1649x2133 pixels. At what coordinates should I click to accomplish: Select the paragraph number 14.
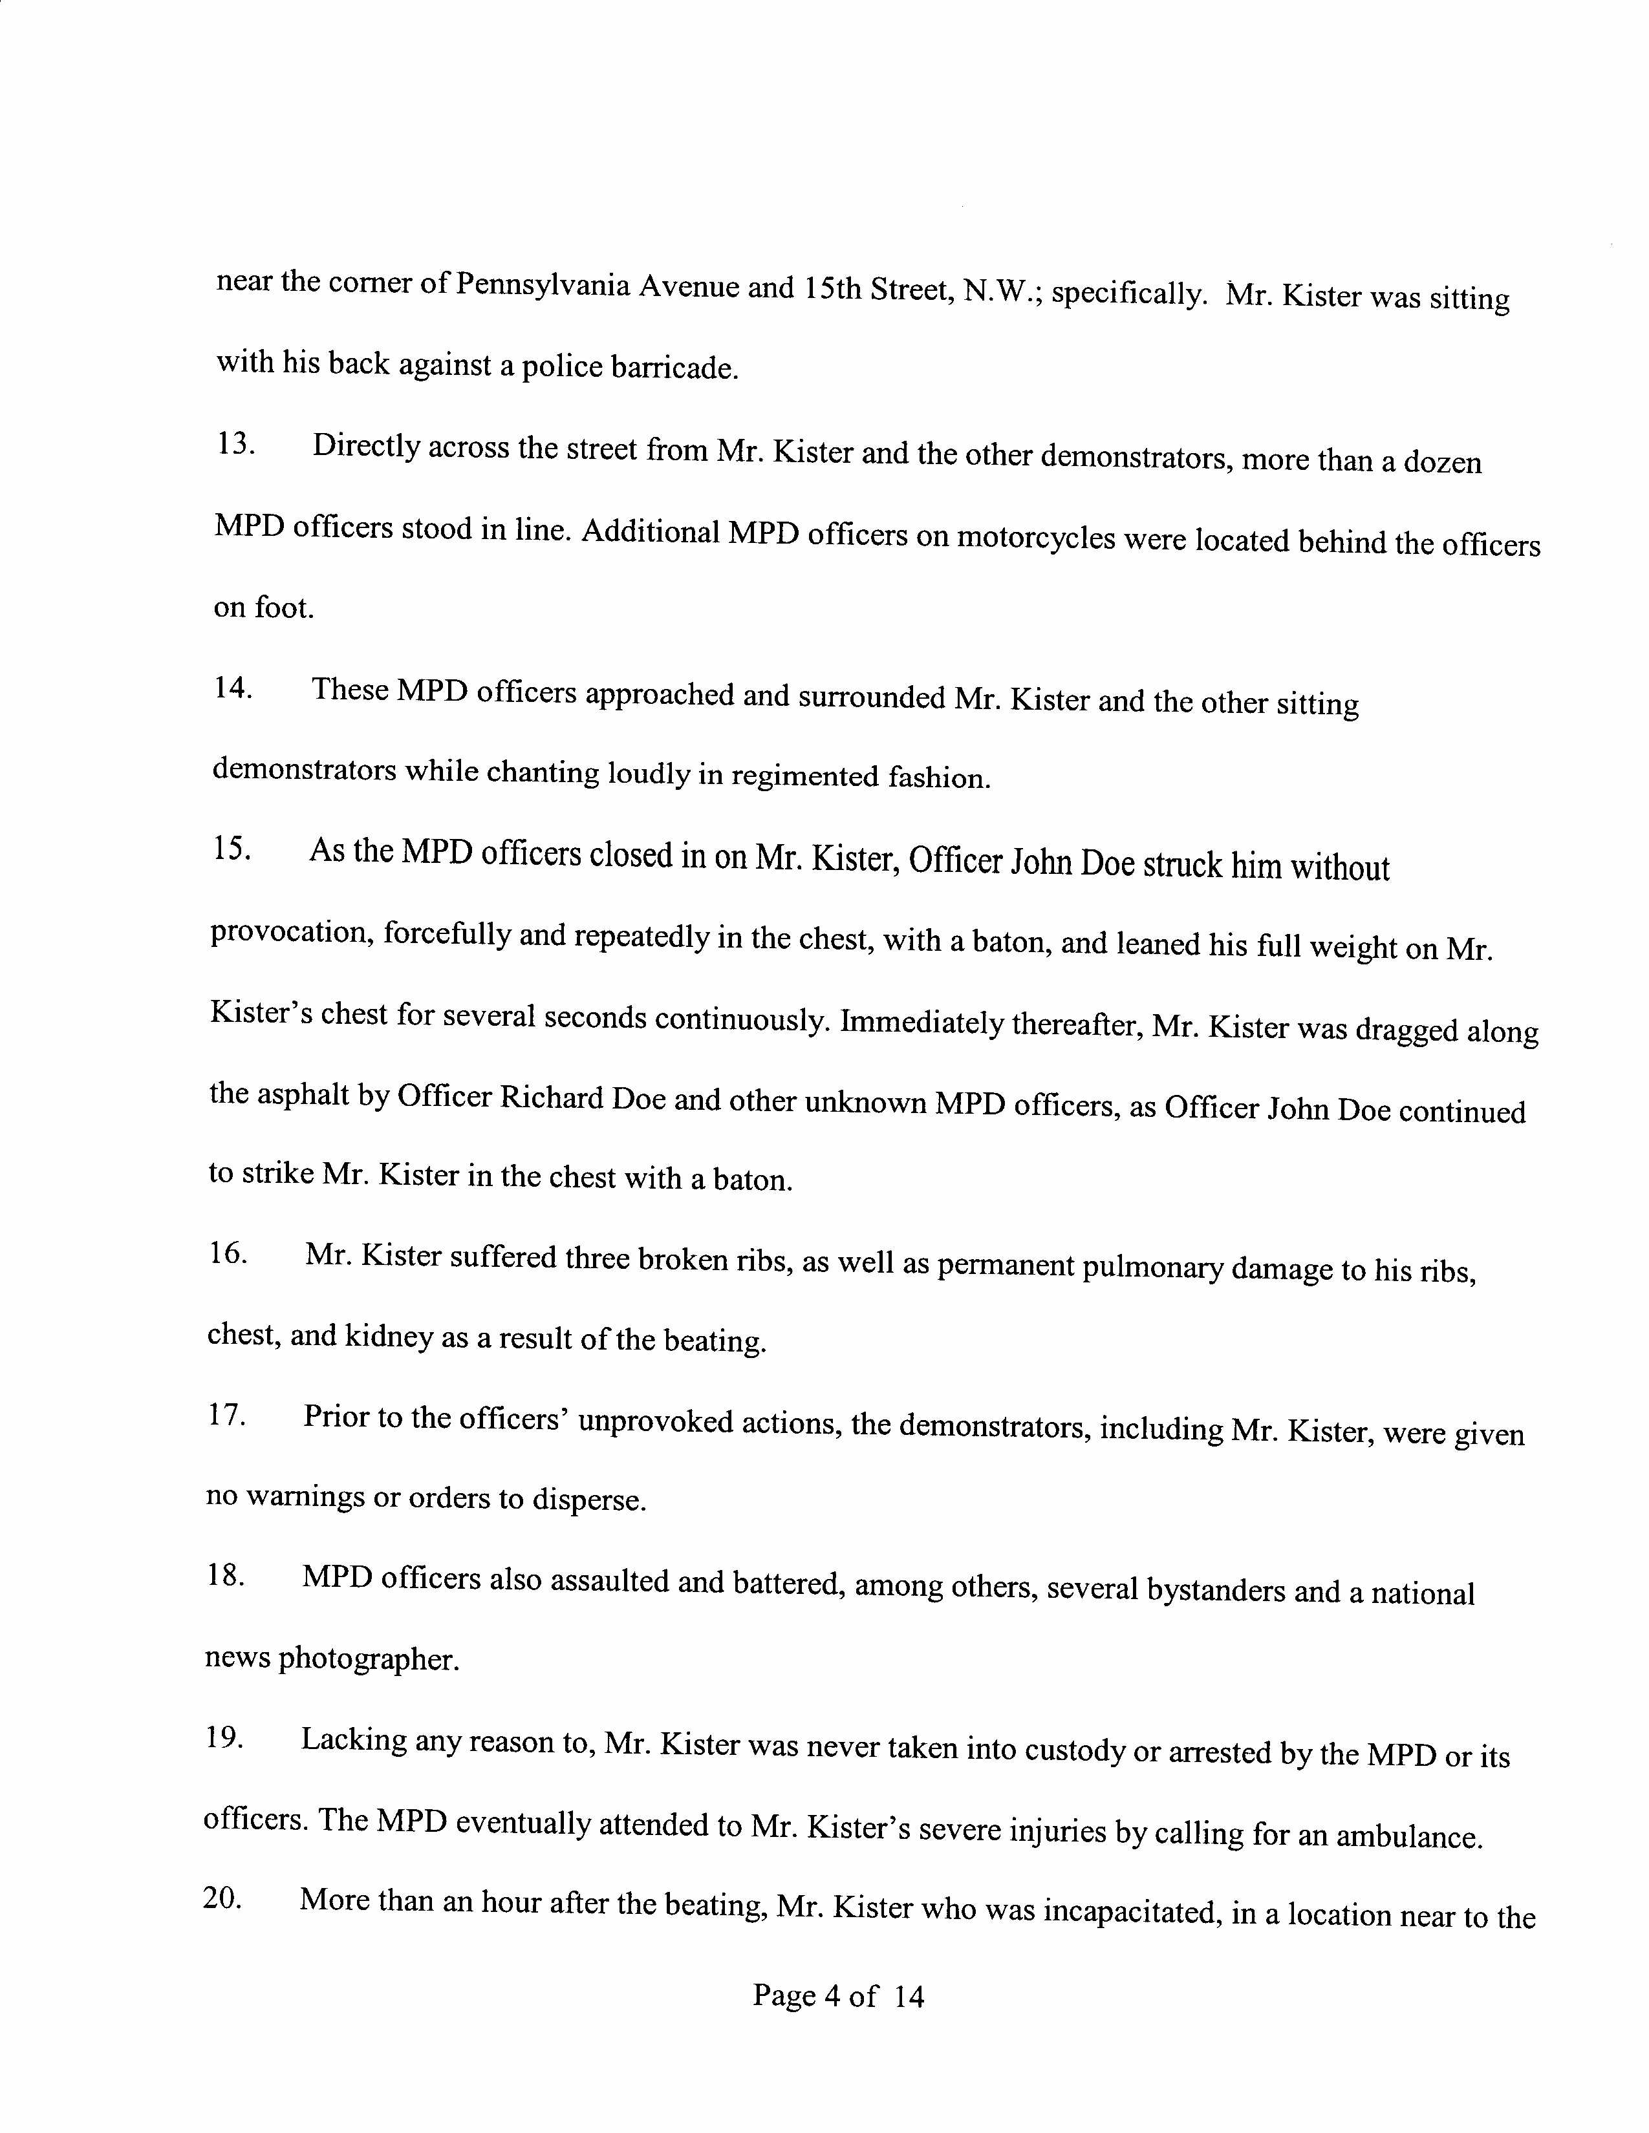(233, 688)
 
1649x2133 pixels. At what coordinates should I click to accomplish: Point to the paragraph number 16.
(228, 1254)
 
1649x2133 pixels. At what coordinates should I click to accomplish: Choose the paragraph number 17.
(226, 1415)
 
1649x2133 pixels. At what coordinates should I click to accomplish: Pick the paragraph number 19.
(224, 1739)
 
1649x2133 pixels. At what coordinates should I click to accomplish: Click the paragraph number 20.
(222, 1900)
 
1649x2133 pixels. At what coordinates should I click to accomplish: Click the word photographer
(369, 1659)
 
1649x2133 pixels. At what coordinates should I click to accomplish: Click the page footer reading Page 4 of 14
(837, 1995)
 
